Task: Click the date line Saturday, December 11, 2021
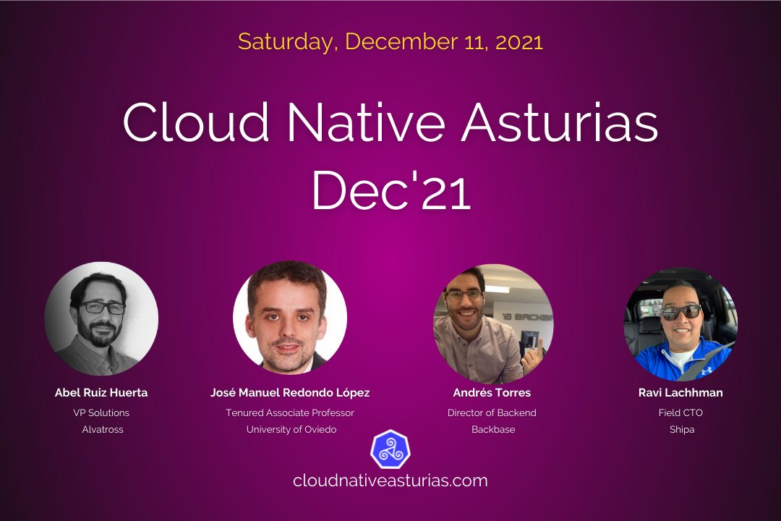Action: [390, 41]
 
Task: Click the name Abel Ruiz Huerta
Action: [101, 393]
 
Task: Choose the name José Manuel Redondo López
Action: [290, 393]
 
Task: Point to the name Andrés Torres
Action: [492, 393]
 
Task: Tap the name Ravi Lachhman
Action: [680, 393]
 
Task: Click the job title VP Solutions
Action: [101, 413]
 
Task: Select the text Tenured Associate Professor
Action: [290, 413]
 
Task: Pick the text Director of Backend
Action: [492, 413]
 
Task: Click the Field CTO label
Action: [680, 413]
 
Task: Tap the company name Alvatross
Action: [102, 429]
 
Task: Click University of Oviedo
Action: [291, 429]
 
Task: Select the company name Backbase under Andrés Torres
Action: [492, 429]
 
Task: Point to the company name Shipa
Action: [681, 429]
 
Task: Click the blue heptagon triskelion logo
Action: [390, 449]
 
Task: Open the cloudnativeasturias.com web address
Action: [390, 480]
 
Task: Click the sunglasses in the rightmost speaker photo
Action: [680, 312]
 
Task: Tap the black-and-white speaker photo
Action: [101, 318]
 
